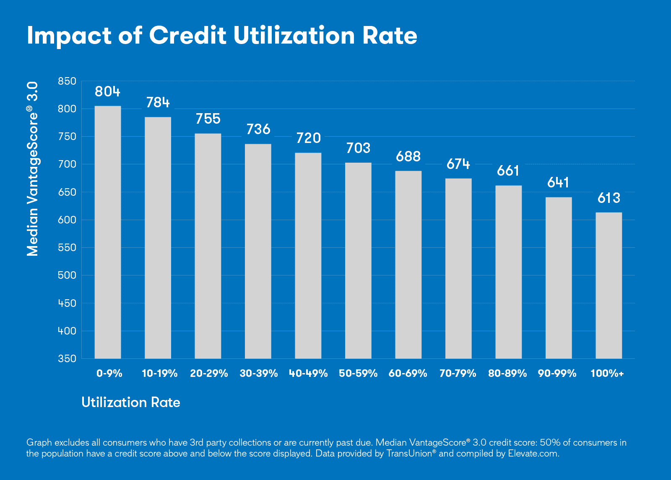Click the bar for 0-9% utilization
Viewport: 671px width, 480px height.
click(108, 232)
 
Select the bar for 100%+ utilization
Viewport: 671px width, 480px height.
click(609, 285)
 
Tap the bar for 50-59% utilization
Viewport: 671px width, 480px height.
click(358, 260)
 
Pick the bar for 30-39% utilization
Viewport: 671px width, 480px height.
click(258, 251)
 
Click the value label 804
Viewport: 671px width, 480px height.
click(107, 91)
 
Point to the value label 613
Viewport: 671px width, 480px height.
click(609, 198)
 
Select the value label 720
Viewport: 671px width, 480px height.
click(308, 138)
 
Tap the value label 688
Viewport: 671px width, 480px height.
click(408, 156)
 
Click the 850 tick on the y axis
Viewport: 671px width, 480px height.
click(67, 81)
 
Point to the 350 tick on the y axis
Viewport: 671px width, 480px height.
click(67, 358)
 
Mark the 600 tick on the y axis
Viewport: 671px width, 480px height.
click(67, 220)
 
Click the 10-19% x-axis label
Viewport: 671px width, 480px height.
click(159, 374)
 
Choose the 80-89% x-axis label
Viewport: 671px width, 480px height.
click(507, 374)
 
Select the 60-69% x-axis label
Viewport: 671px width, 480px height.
click(408, 374)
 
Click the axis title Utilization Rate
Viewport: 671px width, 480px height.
click(131, 402)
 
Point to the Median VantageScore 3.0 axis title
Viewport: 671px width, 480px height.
click(33, 169)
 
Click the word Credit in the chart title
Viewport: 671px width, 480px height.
click(187, 35)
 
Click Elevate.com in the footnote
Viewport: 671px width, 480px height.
click(533, 454)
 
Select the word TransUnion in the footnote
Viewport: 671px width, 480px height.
click(409, 454)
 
